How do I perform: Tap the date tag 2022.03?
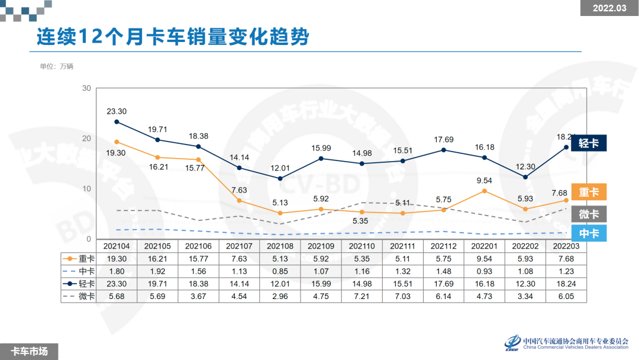point(609,8)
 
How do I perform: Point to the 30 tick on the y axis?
point(86,89)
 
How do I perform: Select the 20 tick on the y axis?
point(86,139)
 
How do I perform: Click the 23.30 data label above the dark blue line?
point(117,111)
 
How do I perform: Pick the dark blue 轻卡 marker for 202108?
point(280,178)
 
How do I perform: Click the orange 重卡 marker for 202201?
point(485,191)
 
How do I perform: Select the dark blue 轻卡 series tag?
point(589,143)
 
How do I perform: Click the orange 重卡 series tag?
point(589,192)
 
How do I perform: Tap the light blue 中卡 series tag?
point(589,233)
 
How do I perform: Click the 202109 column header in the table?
point(321,246)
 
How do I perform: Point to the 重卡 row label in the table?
point(80,259)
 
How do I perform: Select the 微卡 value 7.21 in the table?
point(362,296)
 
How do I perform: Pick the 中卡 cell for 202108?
point(280,271)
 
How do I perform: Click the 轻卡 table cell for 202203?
point(566,284)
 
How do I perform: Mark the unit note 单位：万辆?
point(56,66)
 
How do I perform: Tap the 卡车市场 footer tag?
point(30,351)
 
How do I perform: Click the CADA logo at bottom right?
point(512,343)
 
